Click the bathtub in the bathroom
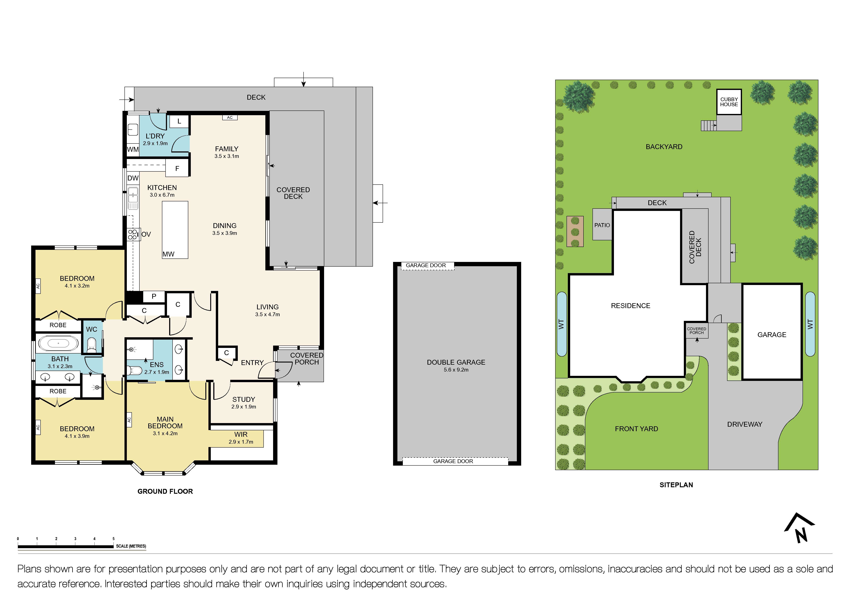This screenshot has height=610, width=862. click(59, 343)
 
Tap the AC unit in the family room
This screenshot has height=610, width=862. click(230, 118)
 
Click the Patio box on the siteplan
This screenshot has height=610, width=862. click(602, 225)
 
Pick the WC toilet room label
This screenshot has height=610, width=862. click(92, 329)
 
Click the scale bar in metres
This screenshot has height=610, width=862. click(66, 547)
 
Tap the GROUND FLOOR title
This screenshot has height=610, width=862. click(165, 491)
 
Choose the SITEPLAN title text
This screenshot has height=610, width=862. click(676, 485)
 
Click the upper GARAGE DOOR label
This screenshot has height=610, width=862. click(426, 266)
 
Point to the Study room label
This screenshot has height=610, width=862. click(244, 399)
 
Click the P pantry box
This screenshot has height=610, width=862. click(154, 296)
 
